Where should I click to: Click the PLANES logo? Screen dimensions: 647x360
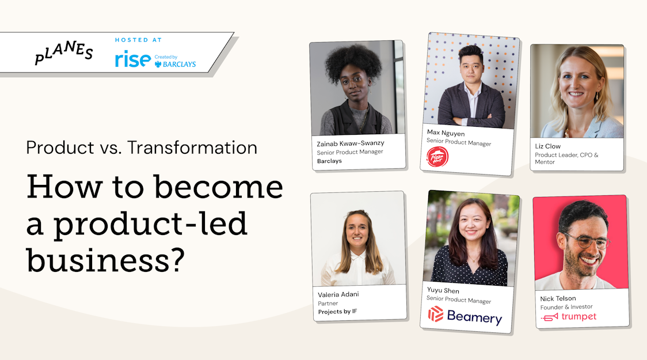(63, 52)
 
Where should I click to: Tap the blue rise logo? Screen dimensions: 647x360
(133, 59)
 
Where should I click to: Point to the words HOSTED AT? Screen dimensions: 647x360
(138, 40)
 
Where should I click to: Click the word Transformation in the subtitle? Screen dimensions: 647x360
(192, 147)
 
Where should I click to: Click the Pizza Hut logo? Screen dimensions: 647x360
(437, 157)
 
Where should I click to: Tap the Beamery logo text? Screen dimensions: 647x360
(474, 317)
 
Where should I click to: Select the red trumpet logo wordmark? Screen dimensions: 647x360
(579, 317)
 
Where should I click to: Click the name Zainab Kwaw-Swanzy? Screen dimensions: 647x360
(351, 143)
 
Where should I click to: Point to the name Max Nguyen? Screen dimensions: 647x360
(446, 133)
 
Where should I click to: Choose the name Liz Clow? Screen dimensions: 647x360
(547, 146)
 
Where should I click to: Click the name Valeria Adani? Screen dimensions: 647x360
(338, 294)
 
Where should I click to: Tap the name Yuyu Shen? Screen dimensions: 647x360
(443, 290)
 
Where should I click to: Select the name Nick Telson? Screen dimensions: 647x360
(558, 298)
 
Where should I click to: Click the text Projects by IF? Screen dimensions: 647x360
(337, 312)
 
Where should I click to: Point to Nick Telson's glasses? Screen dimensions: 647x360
(588, 240)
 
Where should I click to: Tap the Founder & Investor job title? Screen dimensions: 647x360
(566, 307)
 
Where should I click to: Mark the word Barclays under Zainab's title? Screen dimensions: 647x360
(329, 161)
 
